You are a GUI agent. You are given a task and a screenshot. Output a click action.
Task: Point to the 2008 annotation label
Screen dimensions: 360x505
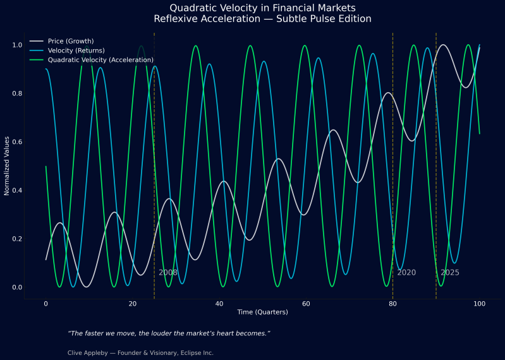(x=168, y=273)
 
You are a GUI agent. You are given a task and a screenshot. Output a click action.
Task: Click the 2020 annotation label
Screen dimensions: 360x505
(x=406, y=273)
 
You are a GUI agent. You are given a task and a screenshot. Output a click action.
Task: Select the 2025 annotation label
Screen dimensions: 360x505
(x=450, y=273)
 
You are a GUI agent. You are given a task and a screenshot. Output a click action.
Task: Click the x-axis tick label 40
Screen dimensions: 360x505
(x=219, y=304)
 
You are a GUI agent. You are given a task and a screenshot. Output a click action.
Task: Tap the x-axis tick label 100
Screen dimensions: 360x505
(x=479, y=304)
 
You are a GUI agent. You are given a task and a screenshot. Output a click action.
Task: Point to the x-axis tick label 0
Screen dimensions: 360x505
(x=46, y=304)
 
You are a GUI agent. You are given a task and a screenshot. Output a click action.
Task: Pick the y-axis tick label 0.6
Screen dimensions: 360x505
(x=17, y=142)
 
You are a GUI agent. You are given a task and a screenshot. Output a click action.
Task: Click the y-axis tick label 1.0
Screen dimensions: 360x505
(x=17, y=45)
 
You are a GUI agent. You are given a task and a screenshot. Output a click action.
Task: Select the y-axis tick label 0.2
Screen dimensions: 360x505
(x=17, y=239)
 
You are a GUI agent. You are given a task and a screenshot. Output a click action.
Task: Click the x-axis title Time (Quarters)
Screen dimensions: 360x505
(x=262, y=313)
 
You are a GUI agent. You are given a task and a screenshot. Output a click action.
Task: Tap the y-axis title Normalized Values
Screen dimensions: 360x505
(x=8, y=166)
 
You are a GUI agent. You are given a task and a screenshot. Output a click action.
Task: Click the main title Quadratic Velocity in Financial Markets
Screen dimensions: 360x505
(x=262, y=8)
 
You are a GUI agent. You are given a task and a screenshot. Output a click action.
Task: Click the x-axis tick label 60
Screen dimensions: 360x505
(x=306, y=304)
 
